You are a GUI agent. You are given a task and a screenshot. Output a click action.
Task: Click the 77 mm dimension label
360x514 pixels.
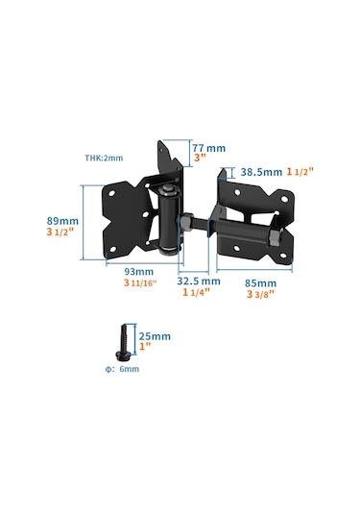[x=208, y=148]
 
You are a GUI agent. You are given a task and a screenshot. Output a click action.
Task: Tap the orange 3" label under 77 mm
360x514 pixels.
[x=200, y=158]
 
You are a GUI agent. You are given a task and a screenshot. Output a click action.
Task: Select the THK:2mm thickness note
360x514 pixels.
[x=104, y=158]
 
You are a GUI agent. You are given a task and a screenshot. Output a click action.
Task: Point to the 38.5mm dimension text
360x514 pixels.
[x=261, y=172]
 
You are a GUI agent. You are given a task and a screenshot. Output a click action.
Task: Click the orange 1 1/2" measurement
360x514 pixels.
[x=300, y=171]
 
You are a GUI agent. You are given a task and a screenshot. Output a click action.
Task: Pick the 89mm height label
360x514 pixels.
[x=62, y=221]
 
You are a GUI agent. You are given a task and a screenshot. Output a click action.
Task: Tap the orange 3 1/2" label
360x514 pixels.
[x=60, y=232]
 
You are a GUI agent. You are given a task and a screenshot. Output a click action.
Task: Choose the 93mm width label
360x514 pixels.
[x=139, y=272]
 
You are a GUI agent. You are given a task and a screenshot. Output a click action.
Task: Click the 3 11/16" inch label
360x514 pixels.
[x=140, y=282]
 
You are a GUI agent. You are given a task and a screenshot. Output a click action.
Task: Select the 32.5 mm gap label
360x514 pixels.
[x=199, y=281]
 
